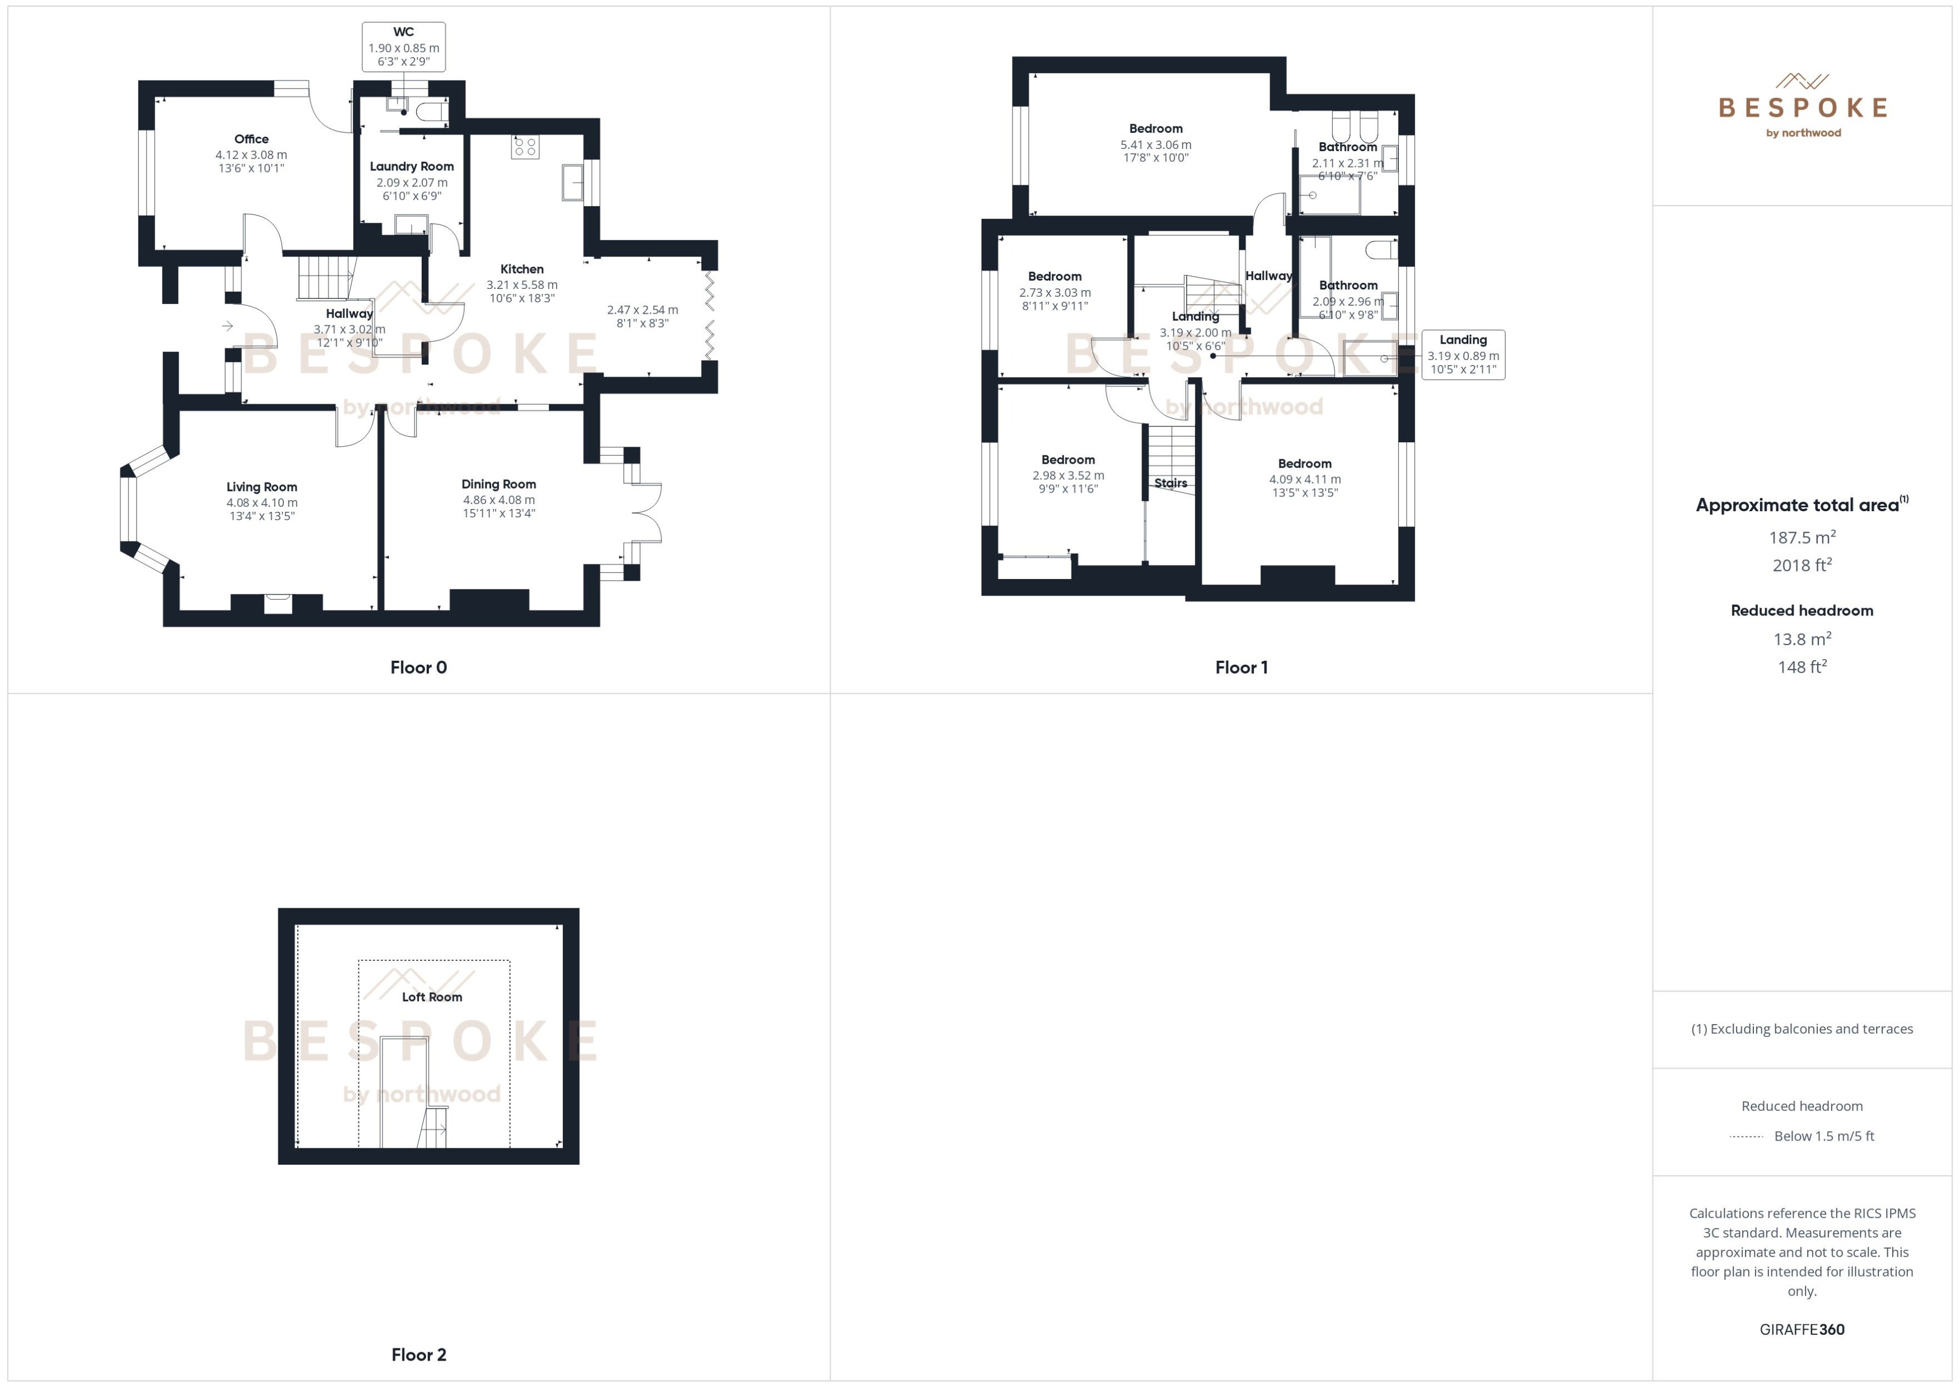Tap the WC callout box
[403, 47]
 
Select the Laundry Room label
[412, 166]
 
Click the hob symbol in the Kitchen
[525, 147]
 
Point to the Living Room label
[262, 487]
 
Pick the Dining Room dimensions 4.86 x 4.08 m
[499, 499]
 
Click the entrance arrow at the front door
[227, 325]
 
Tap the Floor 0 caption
[418, 667]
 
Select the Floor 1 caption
[1241, 667]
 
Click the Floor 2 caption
[418, 1355]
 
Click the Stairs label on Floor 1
[1170, 483]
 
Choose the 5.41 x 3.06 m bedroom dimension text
[1155, 145]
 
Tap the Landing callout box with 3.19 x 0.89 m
[1463, 354]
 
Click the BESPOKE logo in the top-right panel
[1802, 107]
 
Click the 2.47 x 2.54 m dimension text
[642, 310]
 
